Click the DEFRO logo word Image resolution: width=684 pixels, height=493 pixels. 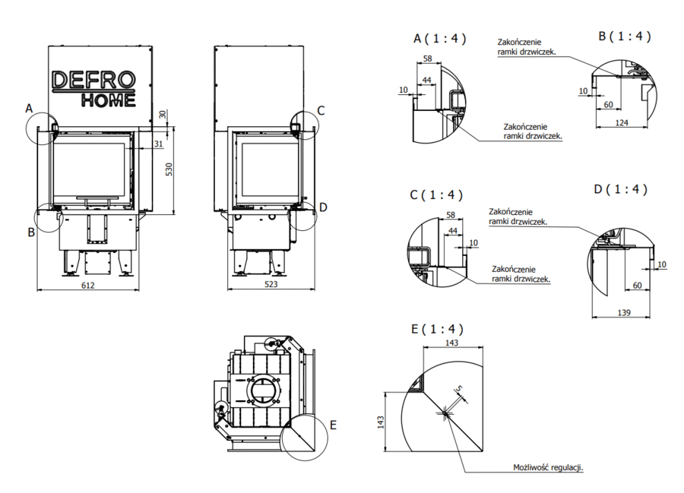point(93,80)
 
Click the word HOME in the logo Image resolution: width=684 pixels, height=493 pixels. point(109,99)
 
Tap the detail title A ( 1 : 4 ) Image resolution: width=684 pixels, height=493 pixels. point(439,38)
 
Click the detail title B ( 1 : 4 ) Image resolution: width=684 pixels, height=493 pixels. point(624,36)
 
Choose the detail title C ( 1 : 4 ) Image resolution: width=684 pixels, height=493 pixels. point(436,195)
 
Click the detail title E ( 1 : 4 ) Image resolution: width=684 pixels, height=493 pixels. point(436,329)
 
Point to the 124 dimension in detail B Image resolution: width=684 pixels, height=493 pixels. point(622,122)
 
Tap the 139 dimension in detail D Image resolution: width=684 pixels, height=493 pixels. point(622,313)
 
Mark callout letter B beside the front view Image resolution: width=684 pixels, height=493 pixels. point(31,232)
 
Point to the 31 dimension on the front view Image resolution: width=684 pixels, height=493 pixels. point(157,144)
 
